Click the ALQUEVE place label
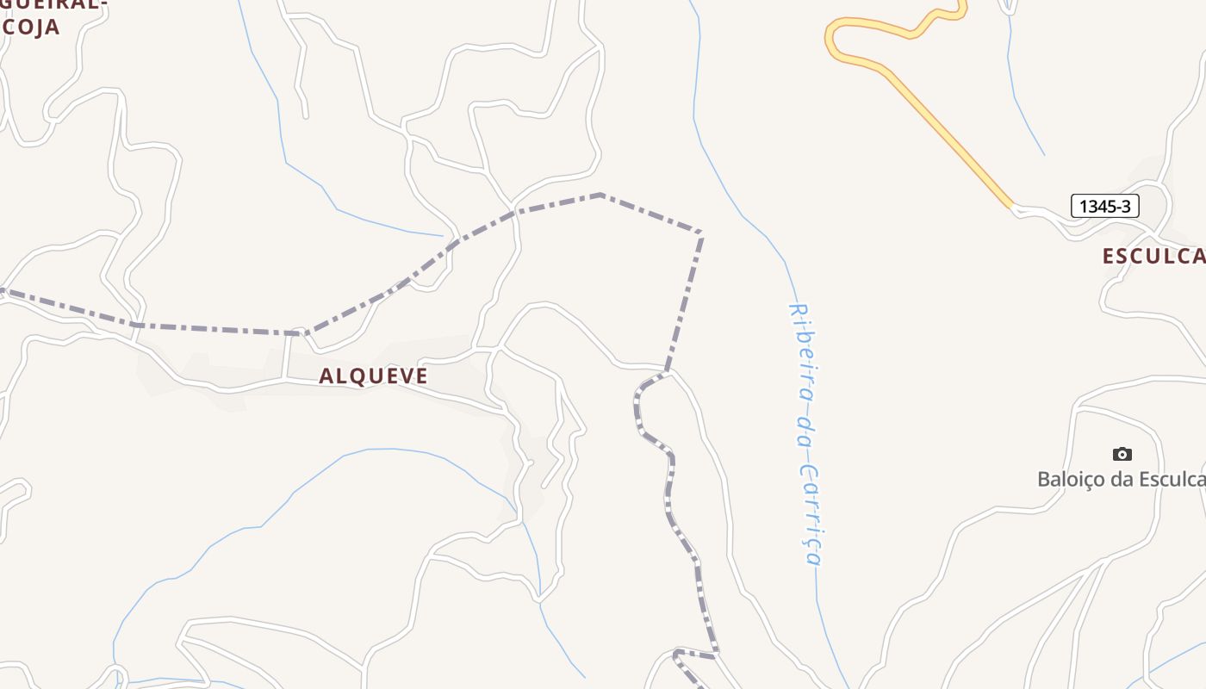tap(373, 376)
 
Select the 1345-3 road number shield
tap(1105, 206)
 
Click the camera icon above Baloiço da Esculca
tap(1122, 454)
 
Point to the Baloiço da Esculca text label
tap(1121, 479)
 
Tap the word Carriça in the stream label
tap(810, 515)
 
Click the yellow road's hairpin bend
tap(830, 38)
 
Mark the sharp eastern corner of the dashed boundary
tap(701, 233)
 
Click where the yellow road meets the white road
tap(1013, 207)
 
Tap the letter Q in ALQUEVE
tap(357, 376)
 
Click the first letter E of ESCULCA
tap(1110, 256)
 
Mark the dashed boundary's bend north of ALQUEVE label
tap(300, 332)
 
